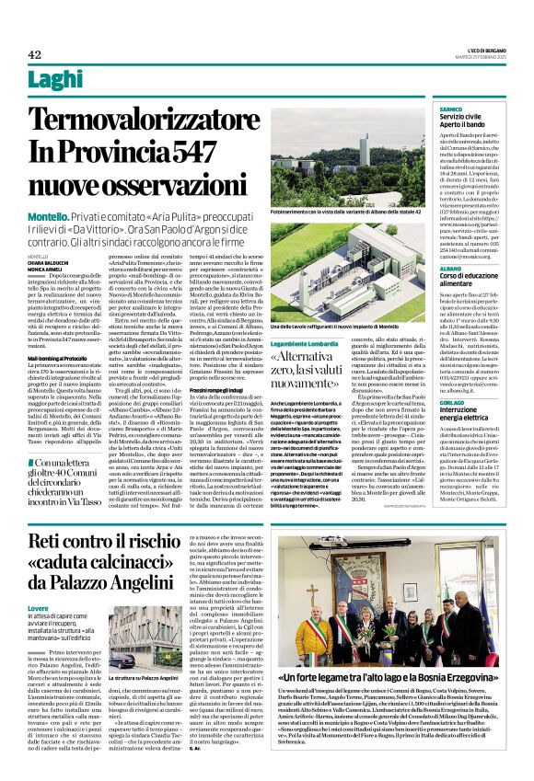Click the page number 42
(x=36, y=54)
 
